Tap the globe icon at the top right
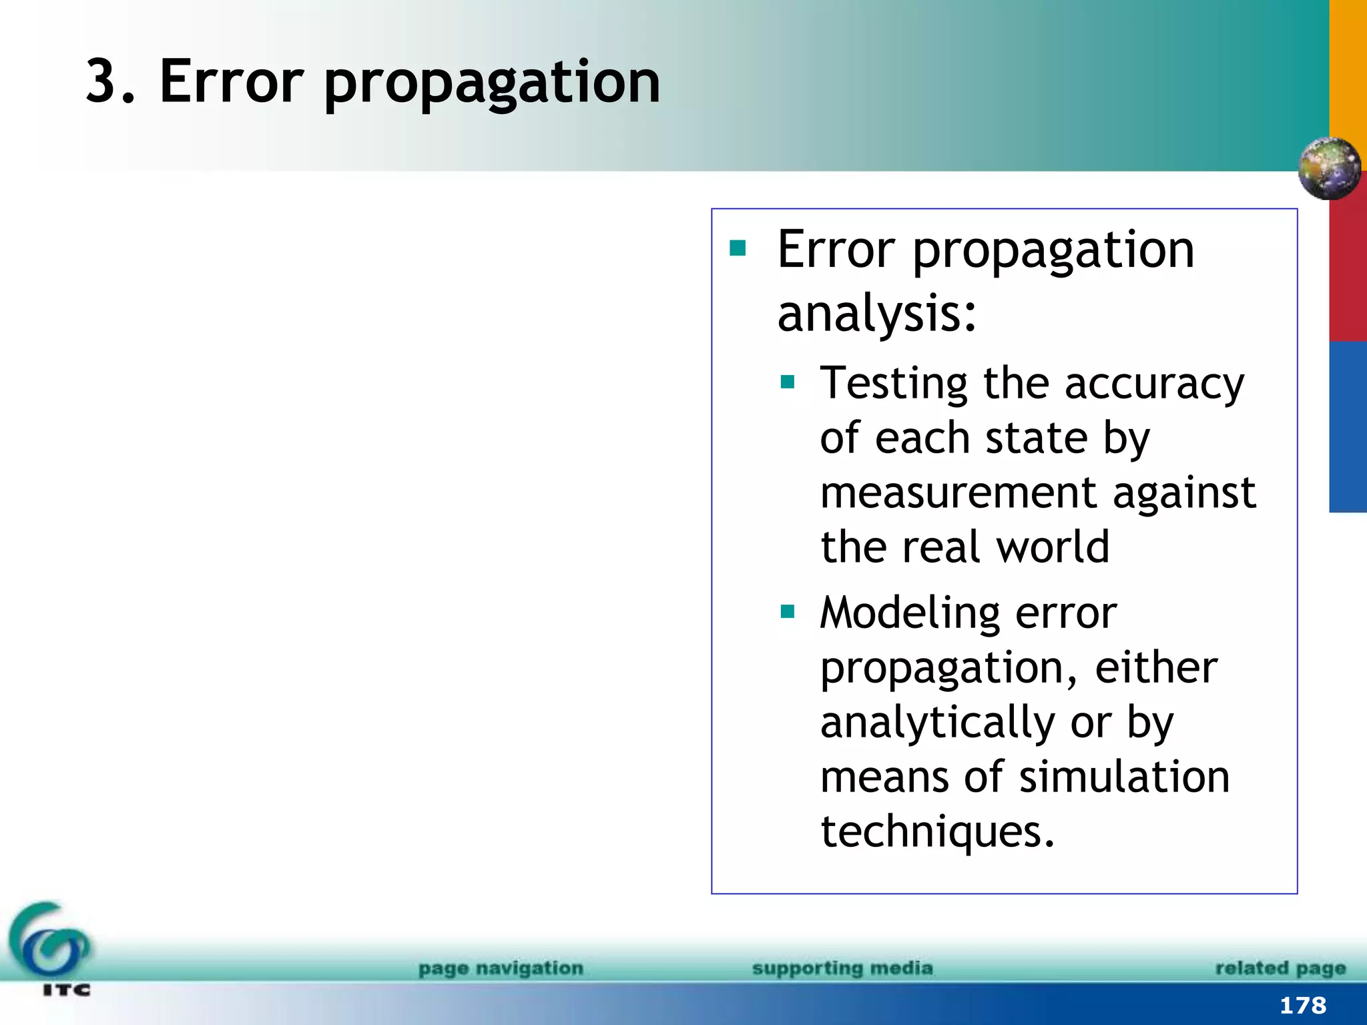[x=1329, y=168]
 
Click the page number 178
[x=1303, y=1005]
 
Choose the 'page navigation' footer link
[x=501, y=968]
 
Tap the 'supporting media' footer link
[x=842, y=968]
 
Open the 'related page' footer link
[x=1280, y=968]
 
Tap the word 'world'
[x=1053, y=547]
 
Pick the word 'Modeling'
[x=910, y=614]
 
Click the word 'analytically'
[x=938, y=723]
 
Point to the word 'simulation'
[x=1125, y=777]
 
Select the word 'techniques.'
[x=938, y=832]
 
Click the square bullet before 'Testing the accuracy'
[x=788, y=382]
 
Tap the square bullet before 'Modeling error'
[x=788, y=611]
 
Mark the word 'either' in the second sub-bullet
[x=1156, y=668]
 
